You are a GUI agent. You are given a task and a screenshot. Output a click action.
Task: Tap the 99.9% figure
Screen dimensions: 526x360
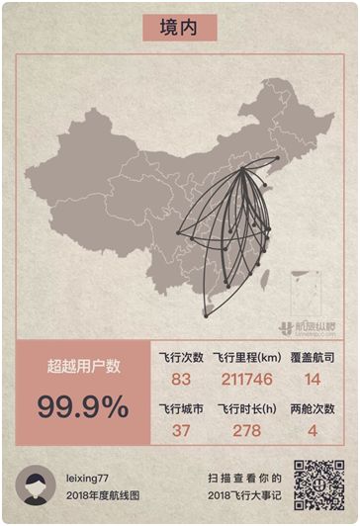coord(83,405)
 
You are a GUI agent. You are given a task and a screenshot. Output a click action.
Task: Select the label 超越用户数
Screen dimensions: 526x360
coord(83,366)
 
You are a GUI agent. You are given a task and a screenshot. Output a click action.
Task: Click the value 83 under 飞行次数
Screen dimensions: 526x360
coord(180,379)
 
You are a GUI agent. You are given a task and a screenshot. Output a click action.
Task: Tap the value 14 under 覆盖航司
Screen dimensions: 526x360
coord(312,379)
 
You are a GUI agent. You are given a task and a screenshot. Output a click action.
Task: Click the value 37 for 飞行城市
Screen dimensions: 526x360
coord(180,430)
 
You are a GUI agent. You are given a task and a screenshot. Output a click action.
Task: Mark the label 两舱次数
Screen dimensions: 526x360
coord(313,408)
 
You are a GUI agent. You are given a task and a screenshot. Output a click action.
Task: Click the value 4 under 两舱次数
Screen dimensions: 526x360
coord(312,430)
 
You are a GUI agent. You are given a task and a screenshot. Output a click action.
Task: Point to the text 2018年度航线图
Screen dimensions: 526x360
coord(101,494)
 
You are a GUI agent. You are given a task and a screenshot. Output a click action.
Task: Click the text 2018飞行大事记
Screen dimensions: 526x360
coord(245,494)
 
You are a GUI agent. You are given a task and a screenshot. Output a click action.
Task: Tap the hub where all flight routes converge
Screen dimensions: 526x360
coord(248,171)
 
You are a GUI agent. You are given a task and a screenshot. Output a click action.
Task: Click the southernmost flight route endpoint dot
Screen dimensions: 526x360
coord(206,313)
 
